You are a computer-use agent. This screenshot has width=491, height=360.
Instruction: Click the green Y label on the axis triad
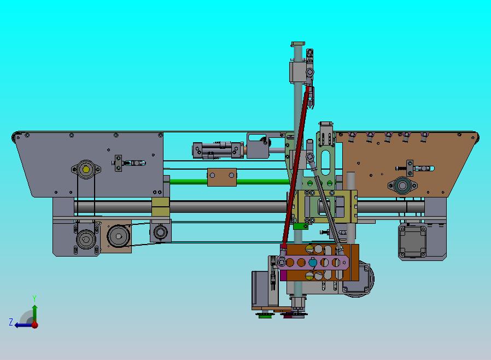point(34,298)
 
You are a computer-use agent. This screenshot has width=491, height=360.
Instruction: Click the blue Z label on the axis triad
point(11,322)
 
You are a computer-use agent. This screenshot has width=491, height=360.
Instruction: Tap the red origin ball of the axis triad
point(35,325)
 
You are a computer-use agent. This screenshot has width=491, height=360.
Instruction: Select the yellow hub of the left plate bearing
point(86,170)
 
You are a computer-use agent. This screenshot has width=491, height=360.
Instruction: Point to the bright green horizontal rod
point(229,182)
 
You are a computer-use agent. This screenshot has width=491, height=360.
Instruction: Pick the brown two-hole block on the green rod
point(221,177)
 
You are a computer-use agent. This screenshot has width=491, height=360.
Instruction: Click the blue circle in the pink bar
point(313,263)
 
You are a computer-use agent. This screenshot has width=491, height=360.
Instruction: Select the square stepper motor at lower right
point(412,241)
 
